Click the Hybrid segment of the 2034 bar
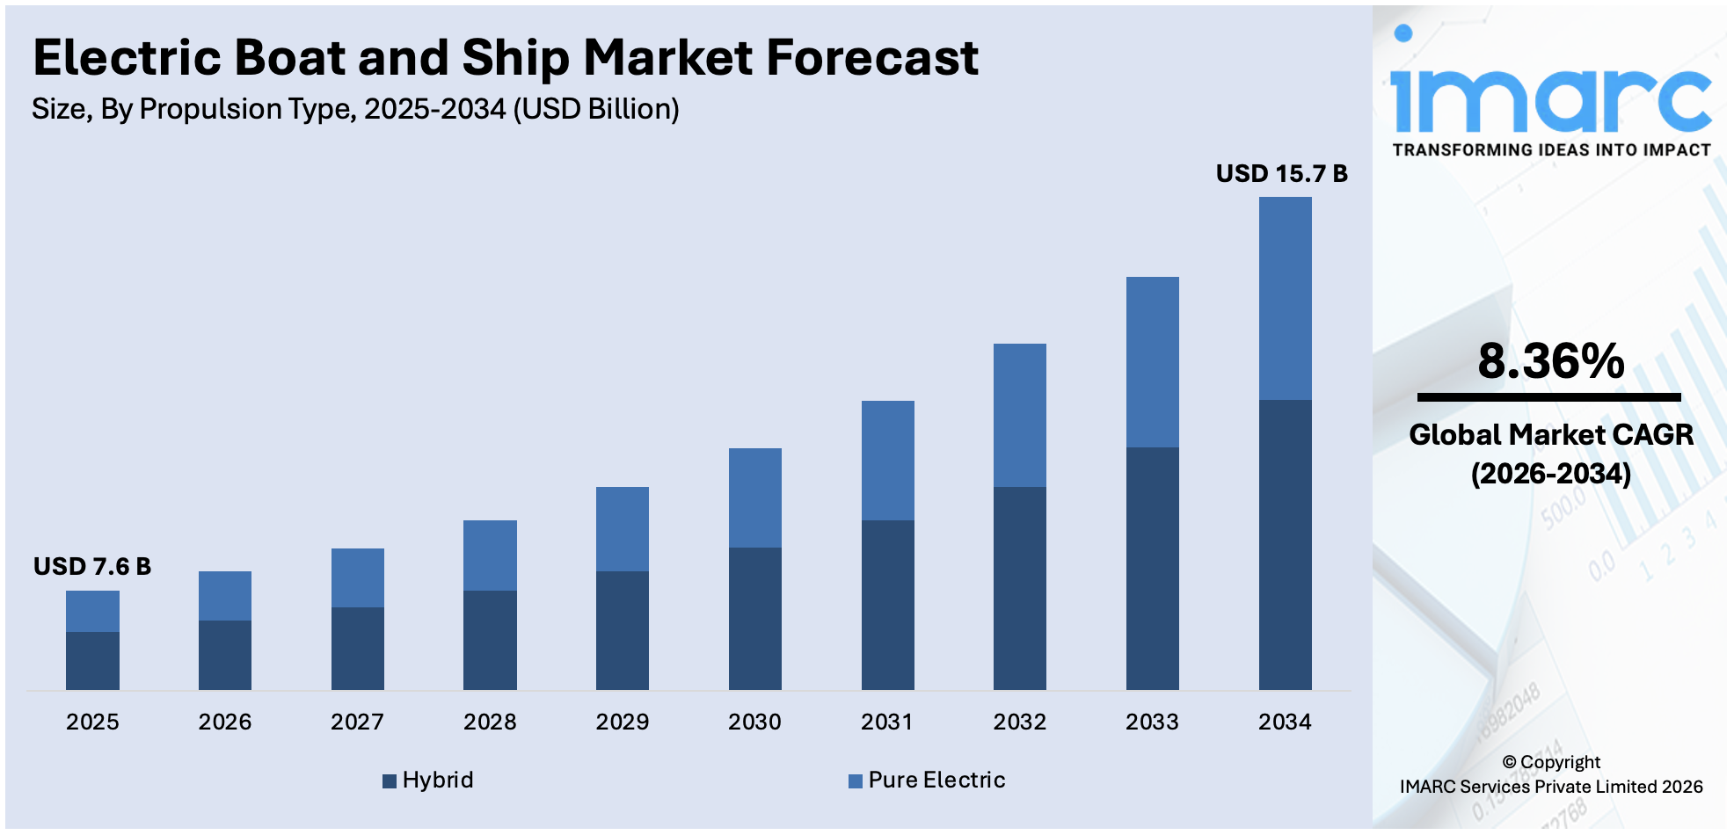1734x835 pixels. (x=1285, y=545)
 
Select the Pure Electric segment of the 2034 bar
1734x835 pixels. (x=1285, y=299)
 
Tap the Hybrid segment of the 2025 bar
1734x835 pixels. (x=92, y=660)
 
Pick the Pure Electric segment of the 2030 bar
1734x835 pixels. (x=754, y=497)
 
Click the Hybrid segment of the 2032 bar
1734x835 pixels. (x=1019, y=588)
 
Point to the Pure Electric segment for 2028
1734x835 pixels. (x=490, y=555)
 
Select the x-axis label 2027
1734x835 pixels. (x=357, y=722)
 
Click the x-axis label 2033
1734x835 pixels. (x=1152, y=722)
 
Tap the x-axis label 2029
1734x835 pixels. (x=622, y=722)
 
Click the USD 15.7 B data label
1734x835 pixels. (x=1281, y=173)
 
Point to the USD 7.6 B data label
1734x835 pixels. (x=92, y=566)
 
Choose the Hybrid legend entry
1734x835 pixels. (x=428, y=780)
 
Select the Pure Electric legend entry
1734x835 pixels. (x=927, y=780)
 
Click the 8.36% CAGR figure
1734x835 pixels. (x=1550, y=361)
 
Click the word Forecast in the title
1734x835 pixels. (x=871, y=58)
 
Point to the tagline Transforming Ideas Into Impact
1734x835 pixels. (x=1551, y=150)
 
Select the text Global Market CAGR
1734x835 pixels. (x=1550, y=434)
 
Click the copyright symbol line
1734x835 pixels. (x=1550, y=762)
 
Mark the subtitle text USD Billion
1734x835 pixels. (x=597, y=109)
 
